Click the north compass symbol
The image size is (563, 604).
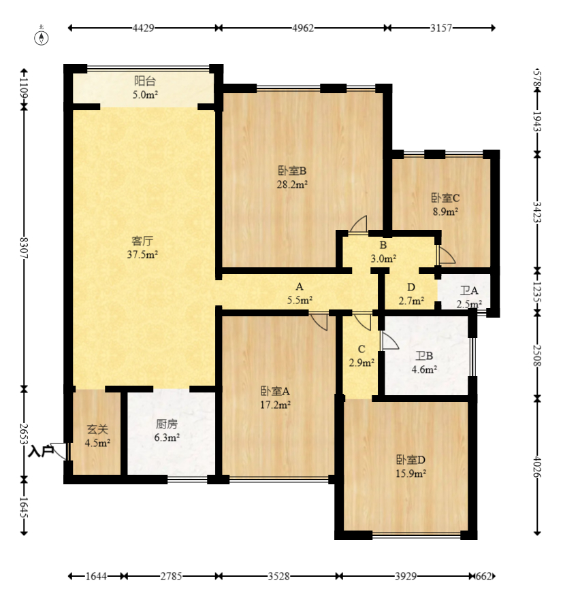(42, 37)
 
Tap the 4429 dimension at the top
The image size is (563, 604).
(144, 28)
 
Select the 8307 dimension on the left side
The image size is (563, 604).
(24, 248)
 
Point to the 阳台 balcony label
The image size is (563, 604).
(145, 81)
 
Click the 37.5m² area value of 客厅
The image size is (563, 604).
(143, 254)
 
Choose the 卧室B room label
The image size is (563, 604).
(292, 171)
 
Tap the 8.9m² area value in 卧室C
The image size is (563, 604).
(445, 212)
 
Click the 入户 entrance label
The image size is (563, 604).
(40, 451)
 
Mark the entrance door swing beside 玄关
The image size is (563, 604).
(60, 451)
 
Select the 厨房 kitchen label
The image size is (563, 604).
(167, 424)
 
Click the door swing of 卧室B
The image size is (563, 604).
(359, 224)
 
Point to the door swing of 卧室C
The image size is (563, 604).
(446, 254)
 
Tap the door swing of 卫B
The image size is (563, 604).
(389, 341)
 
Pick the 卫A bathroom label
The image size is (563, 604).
(469, 290)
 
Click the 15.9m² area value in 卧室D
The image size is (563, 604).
(411, 473)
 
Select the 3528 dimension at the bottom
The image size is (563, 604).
(279, 576)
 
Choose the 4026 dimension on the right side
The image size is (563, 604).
(538, 467)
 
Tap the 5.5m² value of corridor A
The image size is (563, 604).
(300, 300)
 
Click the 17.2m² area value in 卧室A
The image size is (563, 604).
(275, 405)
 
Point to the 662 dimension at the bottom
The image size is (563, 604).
(484, 576)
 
